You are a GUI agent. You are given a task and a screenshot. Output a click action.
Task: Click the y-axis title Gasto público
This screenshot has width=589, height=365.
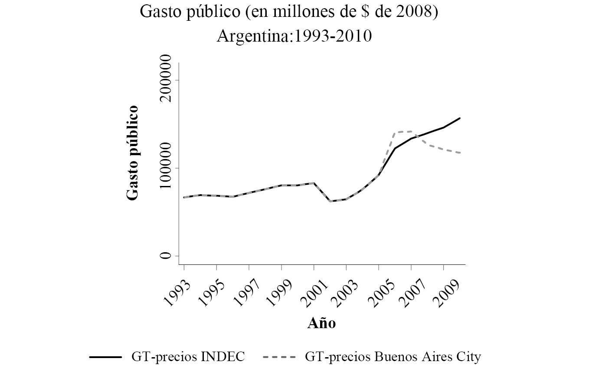click(132, 153)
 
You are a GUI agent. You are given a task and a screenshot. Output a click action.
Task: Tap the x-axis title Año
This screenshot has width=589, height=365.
click(321, 323)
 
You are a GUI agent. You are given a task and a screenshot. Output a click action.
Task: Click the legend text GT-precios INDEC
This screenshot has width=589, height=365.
click(188, 357)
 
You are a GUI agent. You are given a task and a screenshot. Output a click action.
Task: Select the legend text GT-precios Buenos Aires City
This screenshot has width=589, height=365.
click(393, 357)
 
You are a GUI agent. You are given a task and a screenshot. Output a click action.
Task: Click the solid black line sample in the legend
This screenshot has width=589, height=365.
click(105, 357)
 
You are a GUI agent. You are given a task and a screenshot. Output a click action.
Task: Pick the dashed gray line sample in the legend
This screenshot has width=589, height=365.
click(279, 357)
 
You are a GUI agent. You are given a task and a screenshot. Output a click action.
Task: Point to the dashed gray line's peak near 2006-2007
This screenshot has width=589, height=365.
click(410, 131)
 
